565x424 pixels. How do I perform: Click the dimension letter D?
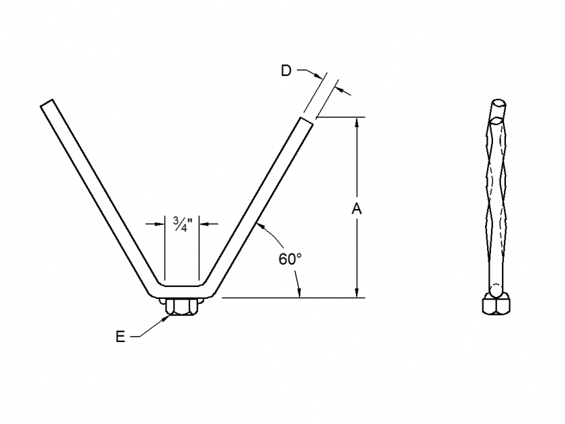[x=286, y=71]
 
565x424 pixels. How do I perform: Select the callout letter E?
[x=120, y=337]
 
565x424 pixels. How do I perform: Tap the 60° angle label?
[x=290, y=259]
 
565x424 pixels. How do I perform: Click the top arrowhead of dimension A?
[x=357, y=122]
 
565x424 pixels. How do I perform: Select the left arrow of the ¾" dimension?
[x=160, y=224]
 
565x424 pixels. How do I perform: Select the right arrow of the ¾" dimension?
[x=203, y=224]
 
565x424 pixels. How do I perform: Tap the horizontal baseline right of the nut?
[x=288, y=298]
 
